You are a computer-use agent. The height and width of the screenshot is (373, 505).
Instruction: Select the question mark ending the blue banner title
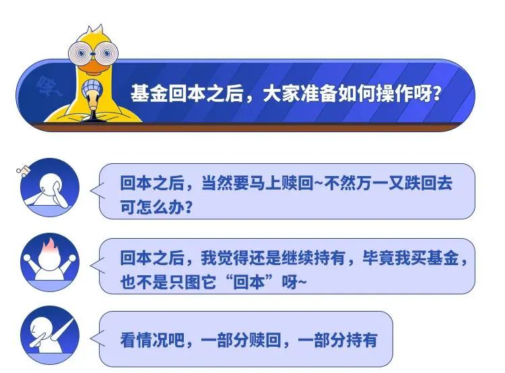pos(437,94)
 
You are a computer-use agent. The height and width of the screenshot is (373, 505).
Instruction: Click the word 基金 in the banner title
pos(149,94)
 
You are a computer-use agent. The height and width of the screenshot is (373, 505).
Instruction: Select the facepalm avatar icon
pos(50,187)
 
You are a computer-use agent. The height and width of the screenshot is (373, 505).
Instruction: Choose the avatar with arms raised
pos(50,262)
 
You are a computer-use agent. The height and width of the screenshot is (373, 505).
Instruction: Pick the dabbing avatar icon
pos(50,336)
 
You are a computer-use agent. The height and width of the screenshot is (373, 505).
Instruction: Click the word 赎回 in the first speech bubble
pos(297,183)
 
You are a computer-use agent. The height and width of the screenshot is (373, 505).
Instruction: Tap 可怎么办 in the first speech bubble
pos(152,207)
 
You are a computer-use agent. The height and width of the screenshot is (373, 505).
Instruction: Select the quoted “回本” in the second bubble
pos(249,283)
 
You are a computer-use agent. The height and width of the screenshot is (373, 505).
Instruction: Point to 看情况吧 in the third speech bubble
pos(152,340)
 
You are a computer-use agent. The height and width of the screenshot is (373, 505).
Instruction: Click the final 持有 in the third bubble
pos(362,340)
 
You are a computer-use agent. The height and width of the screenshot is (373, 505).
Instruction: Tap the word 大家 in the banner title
pos(281,94)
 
